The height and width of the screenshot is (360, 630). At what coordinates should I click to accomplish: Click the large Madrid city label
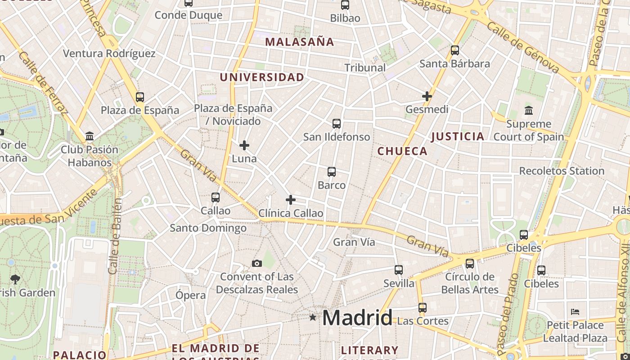pos(357,318)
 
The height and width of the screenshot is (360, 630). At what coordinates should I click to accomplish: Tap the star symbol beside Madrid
pos(313,317)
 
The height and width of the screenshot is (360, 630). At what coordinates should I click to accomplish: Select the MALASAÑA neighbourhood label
pos(299,42)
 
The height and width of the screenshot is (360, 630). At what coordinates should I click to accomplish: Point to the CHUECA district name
pos(402,151)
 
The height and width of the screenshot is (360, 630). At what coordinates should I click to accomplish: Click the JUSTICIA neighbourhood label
pos(458,137)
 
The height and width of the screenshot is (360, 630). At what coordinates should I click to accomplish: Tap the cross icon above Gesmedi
pos(427,96)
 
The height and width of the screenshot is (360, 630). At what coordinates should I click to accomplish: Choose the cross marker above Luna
pos(244,145)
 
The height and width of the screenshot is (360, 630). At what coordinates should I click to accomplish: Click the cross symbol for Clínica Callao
pos(291,200)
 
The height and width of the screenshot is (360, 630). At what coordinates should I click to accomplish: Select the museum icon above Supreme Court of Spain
pos(529,110)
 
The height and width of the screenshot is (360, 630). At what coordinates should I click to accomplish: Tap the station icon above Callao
pos(216,198)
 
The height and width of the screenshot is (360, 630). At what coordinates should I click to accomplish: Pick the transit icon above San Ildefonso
pos(336,124)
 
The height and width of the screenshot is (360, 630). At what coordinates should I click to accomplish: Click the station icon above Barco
pos(332,172)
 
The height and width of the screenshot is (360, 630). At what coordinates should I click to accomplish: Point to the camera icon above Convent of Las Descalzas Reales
pos(256,264)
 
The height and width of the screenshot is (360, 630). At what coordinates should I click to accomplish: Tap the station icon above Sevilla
pos(399,270)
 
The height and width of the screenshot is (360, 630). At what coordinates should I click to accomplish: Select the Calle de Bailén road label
pos(115,236)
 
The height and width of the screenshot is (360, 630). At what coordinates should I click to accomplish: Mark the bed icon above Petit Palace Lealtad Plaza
pos(575,312)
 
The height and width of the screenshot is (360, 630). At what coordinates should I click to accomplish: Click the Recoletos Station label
pos(562,171)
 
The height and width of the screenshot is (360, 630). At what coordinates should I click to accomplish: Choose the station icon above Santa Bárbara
pos(455,50)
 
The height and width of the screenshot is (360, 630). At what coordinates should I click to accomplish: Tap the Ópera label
pos(190,295)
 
